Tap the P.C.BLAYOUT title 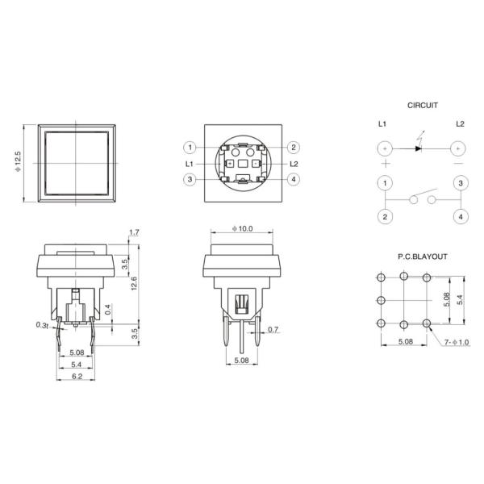coord(421,256)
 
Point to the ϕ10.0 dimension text coord(242,229)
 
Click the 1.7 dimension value coord(134,232)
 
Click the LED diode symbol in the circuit coord(419,149)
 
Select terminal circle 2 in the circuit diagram coord(385,216)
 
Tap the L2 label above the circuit coord(460,123)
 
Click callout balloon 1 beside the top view coord(189,148)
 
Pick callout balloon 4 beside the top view coord(294,179)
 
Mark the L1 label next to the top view coord(189,163)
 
